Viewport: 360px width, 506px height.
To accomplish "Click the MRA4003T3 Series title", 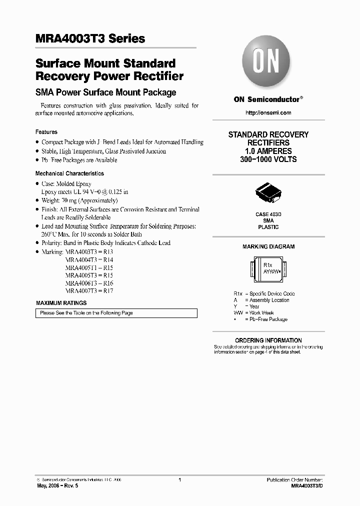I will pos(90,38).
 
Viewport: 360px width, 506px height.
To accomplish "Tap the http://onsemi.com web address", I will pos(268,113).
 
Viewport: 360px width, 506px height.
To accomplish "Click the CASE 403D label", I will pos(268,214).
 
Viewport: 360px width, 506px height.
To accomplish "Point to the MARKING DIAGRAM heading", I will pos(268,246).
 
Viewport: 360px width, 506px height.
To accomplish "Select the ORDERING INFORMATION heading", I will pos(268,340).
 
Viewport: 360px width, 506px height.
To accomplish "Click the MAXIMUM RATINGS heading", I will pos(61,303).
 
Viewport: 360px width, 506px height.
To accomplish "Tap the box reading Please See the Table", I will pos(116,313).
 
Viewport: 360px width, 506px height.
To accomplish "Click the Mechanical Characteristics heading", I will pos(69,173).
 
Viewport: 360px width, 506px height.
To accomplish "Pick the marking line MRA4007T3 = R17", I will pos(89,290).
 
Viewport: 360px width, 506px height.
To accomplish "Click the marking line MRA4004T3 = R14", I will pos(89,260).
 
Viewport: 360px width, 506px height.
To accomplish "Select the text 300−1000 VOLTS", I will pos(268,159).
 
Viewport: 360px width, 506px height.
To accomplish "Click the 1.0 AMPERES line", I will pos(268,151).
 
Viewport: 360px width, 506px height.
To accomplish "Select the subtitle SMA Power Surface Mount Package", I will pos(105,92).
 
